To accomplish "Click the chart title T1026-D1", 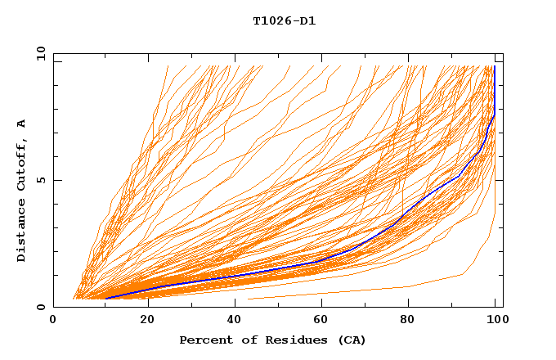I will coord(284,21).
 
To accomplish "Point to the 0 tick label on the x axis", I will coord(53,321).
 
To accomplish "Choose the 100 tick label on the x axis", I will coord(496,321).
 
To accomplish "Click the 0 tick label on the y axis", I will coord(40,307).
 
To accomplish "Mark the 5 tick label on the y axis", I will coord(40,180).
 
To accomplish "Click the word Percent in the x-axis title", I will coord(203,340).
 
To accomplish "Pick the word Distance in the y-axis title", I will coord(22,231).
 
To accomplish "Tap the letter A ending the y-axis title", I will coord(22,123).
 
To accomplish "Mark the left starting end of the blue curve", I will coord(106,299).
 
